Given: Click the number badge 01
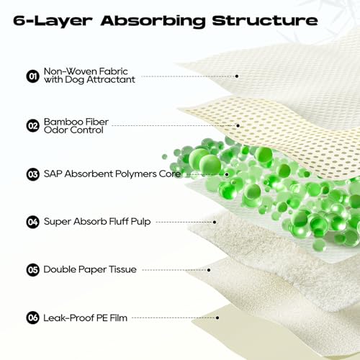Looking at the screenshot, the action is pos(32,76).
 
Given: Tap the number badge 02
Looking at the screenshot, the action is pos(32,126).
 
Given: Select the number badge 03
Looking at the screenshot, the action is pos(32,174).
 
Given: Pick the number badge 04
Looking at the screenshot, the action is pos(32,222).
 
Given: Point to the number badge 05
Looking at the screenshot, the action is pos(32,270).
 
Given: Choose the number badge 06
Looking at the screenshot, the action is pos(32,318).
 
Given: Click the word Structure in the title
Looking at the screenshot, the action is pos(265,21).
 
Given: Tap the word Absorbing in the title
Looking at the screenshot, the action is pos(153,22).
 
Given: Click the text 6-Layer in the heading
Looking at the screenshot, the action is pos(53,22).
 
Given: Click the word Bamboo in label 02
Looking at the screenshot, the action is pos(60,122).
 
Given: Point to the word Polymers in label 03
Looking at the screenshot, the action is pos(135,174).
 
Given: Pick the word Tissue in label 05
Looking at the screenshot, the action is pos(122,269).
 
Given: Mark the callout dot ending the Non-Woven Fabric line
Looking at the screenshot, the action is pos(237,76).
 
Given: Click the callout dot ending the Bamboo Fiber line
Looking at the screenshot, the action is pos(238,125).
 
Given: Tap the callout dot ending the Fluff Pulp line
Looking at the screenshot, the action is pos(215,222).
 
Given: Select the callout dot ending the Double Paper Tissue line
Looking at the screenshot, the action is pos(209,270).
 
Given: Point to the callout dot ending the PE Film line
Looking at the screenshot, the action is pos(217,318).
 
